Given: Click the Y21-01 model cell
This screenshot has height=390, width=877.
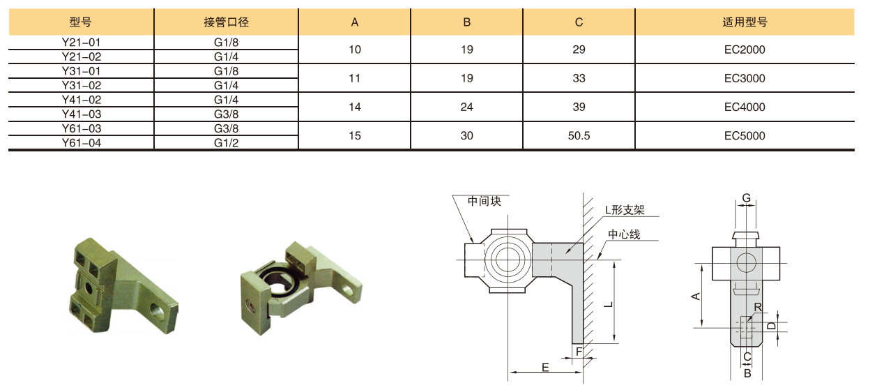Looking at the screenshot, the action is click(81, 43).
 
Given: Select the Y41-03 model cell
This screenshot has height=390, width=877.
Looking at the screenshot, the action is click(81, 114).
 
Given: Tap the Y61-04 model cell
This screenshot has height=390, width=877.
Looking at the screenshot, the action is click(81, 142).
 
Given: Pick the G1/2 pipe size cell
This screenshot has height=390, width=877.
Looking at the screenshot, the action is click(226, 142).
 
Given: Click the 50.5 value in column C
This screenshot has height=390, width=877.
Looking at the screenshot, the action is click(579, 135).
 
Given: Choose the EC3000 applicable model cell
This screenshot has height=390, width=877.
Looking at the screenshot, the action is click(745, 78).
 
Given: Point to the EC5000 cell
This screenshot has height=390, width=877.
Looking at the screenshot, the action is click(745, 135).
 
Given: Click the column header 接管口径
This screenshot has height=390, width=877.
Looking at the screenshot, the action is click(226, 22).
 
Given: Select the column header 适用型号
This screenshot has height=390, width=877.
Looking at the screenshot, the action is click(745, 22).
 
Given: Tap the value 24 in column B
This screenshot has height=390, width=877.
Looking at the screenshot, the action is click(466, 107).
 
